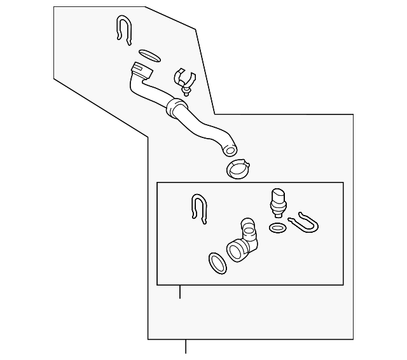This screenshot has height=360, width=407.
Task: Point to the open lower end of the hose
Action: point(230,150)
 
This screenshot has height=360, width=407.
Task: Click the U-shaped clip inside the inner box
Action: point(200,208)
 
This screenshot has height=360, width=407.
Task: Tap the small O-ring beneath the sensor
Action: point(278,227)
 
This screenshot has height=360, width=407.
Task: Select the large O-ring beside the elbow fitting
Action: point(216,262)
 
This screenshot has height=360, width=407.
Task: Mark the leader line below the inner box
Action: point(180,293)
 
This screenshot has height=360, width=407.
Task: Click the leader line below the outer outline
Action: point(186,346)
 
